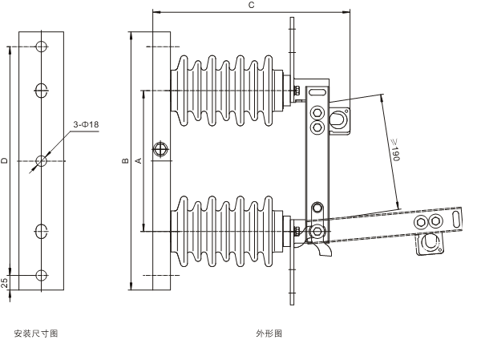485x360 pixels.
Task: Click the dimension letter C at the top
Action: (x=251, y=6)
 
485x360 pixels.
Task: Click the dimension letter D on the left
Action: (x=5, y=161)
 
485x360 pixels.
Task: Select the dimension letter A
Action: (x=139, y=161)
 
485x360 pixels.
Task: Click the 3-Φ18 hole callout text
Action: (x=85, y=124)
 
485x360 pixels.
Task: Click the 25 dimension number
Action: (x=6, y=282)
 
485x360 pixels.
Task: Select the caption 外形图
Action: (x=269, y=333)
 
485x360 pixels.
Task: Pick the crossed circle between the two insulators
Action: (x=162, y=150)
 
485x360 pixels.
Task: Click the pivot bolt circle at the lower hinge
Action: (x=318, y=232)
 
